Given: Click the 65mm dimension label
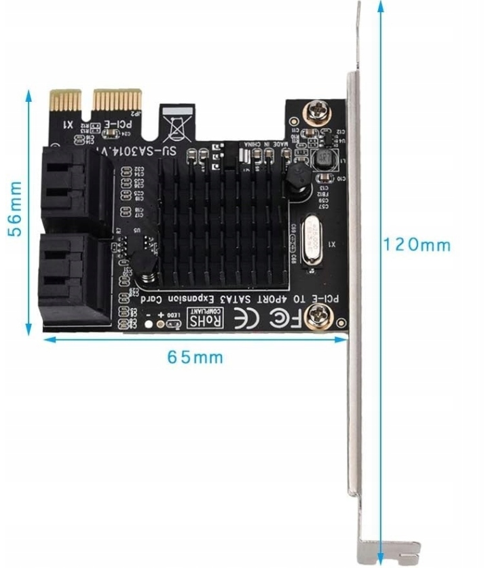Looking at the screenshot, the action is tap(196, 357).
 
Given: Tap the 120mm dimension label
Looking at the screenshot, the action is tap(415, 244).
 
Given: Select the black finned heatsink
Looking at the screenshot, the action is tap(224, 217).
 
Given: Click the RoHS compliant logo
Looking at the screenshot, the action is tap(207, 317).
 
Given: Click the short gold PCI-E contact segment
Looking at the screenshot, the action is tap(67, 102).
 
